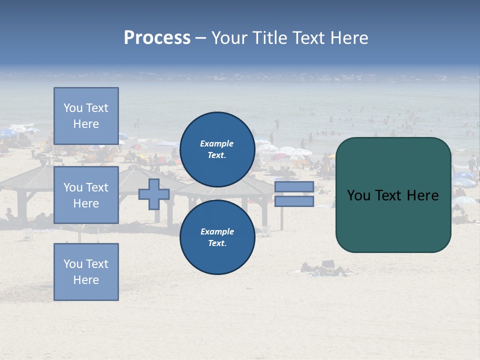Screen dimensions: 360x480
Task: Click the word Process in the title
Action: click(157, 38)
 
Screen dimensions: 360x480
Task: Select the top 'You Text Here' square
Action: click(86, 116)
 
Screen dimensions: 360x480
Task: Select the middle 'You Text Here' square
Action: click(86, 195)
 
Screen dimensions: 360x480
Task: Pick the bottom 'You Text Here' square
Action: click(86, 272)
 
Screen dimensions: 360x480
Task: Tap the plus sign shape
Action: click(153, 194)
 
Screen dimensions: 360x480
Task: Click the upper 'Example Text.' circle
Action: click(217, 149)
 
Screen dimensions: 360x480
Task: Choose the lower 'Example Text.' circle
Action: click(217, 237)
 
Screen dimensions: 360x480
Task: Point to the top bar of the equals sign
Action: click(294, 187)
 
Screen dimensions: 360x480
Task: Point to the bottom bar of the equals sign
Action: click(294, 201)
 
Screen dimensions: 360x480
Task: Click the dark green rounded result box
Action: click(393, 220)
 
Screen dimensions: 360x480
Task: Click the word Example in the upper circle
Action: click(216, 143)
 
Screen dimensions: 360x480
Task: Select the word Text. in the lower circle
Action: click(217, 243)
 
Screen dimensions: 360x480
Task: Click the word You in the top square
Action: click(73, 108)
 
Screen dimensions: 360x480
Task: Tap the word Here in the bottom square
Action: click(86, 280)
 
